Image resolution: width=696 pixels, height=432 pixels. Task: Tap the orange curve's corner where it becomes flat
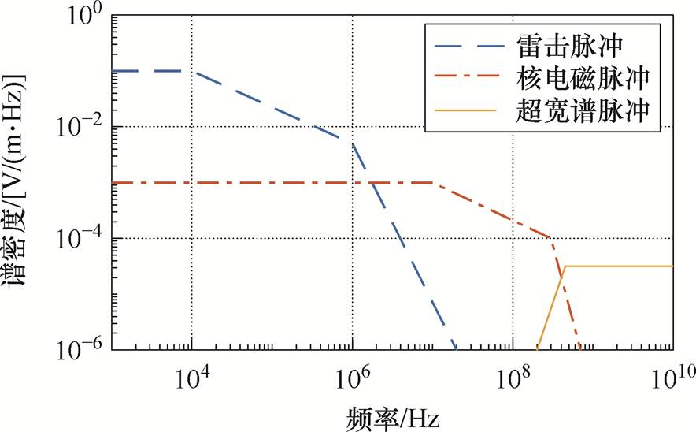pyautogui.click(x=565, y=266)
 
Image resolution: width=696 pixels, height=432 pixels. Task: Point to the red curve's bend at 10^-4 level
pyautogui.click(x=550, y=237)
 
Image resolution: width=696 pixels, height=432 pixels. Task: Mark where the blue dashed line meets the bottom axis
pyautogui.click(x=456, y=348)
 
